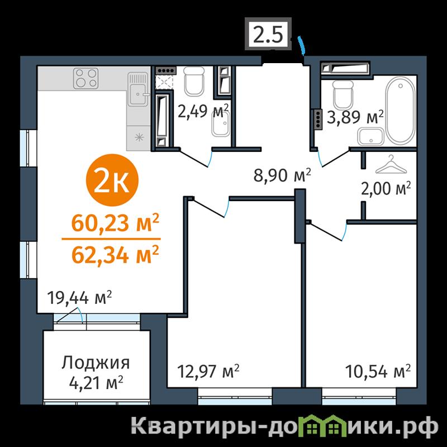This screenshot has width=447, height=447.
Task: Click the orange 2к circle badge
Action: coord(112,180)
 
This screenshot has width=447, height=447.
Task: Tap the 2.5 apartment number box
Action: coord(268,34)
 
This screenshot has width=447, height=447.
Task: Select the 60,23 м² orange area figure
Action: coord(115,223)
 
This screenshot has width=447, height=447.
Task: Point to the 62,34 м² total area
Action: coord(115,255)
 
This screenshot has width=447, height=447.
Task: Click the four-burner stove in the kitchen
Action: coord(86,78)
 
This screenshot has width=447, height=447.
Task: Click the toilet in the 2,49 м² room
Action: coord(194,81)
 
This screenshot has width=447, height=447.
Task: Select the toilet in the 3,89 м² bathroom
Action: coord(343,94)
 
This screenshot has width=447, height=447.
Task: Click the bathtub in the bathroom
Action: coord(401,110)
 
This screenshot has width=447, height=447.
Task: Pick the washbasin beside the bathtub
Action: coord(371,136)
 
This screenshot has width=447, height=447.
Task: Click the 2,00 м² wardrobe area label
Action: coord(386,189)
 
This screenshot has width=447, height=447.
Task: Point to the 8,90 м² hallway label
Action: coord(282,175)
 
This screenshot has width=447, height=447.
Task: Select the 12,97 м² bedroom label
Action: coord(208,371)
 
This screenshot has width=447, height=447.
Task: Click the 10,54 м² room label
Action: coord(378,371)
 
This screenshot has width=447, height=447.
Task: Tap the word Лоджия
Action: coord(96,363)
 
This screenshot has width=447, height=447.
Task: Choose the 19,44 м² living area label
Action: coord(79,298)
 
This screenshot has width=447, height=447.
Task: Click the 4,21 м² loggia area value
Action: coord(96,383)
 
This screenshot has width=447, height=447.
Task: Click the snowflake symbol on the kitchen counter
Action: coord(139,137)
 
